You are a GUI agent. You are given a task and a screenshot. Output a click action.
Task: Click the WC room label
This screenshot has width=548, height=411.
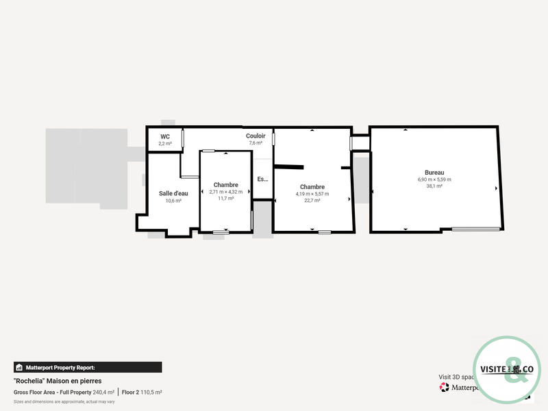coord(165,136)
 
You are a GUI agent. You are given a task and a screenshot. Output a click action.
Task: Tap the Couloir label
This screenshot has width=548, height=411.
coord(256,136)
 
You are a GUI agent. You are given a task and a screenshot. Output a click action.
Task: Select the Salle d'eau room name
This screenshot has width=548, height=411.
coord(173,193)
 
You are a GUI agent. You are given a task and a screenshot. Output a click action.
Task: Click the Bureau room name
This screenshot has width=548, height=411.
coord(434,172)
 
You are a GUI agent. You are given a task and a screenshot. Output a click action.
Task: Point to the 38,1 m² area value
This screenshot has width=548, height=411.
coord(434,186)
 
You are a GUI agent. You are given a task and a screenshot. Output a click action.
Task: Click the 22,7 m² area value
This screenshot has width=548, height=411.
coord(312,201)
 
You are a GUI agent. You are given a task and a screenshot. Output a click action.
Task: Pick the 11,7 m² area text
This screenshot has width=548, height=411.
coord(225,199)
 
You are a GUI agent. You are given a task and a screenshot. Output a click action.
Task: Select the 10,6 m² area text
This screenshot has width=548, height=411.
coord(173,201)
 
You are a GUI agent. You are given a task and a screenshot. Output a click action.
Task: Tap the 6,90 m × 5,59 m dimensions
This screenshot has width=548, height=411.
coord(434,179)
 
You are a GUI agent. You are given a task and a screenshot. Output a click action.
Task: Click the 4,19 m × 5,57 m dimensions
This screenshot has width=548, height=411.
coord(312,194)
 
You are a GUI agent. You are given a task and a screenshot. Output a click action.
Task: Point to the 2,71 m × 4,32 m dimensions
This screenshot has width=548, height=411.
coord(225,192)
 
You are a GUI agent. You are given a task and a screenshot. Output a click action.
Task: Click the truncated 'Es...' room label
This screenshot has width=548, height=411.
coord(262,179)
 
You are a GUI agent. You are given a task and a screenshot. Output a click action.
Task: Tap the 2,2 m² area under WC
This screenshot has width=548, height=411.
coord(165,143)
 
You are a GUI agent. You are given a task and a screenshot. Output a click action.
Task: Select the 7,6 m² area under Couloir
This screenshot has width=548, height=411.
coord(256,143)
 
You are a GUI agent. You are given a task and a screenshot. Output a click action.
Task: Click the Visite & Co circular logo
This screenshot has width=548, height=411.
coord(508,371)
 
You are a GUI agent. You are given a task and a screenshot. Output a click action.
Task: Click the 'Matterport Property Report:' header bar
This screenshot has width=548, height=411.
coord(88,367)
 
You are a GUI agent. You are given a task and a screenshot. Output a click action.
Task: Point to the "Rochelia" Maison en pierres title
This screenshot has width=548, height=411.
coord(58,380)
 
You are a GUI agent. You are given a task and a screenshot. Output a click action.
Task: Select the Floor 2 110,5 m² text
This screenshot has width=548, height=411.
coord(142,392)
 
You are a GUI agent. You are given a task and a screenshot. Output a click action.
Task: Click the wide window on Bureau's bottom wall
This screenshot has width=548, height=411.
coord(475,229)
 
